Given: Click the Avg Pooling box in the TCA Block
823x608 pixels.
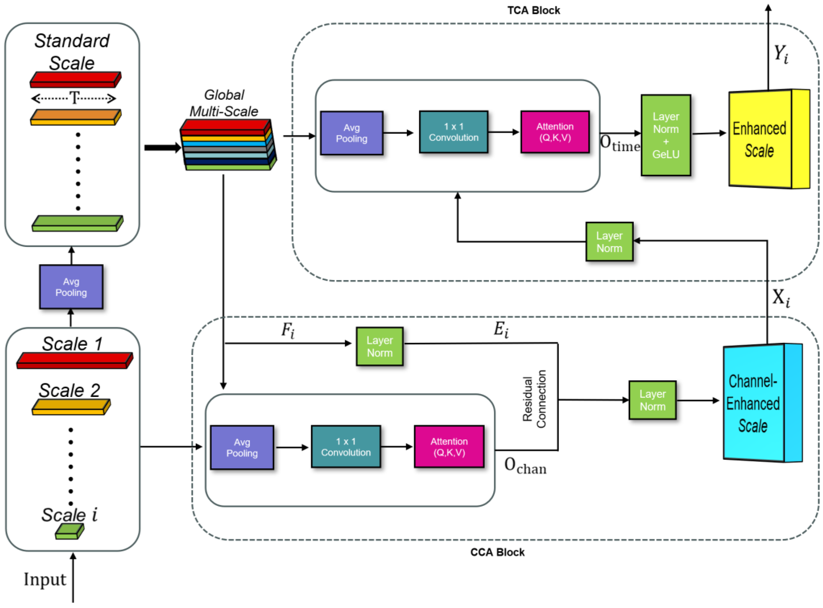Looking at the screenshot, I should tap(351, 133).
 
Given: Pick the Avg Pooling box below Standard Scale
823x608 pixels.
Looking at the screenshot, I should tap(71, 287).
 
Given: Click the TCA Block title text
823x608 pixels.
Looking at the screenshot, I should tap(534, 10).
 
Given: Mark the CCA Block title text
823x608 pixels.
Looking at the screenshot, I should tap(497, 552).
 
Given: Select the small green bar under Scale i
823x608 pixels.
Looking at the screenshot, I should tap(70, 531).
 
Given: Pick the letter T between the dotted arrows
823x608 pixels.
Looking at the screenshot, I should tap(75, 98).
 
